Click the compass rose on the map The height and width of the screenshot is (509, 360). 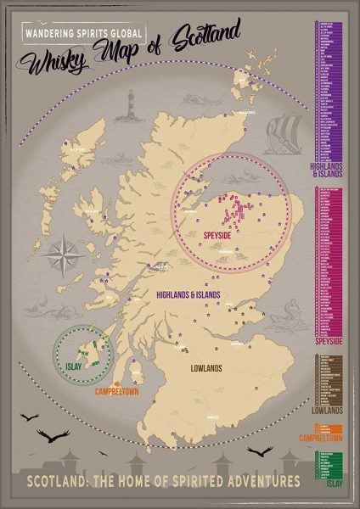click(63, 252)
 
